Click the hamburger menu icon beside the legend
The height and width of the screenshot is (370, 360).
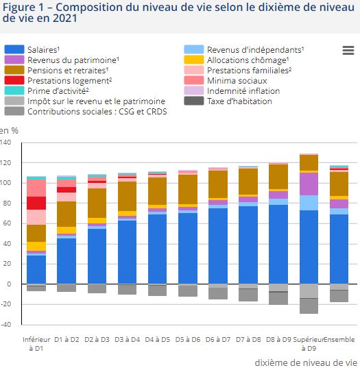(x=348, y=50)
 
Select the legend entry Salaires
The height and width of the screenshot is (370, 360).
(x=45, y=50)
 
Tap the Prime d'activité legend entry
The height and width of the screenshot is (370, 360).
(x=58, y=91)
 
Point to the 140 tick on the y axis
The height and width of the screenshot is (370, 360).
(x=6, y=143)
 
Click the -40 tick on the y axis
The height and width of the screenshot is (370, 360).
(x=6, y=324)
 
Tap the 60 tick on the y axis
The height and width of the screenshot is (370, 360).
(x=8, y=223)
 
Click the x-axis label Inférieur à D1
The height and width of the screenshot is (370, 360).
(x=36, y=343)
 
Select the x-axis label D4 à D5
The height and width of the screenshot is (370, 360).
(x=157, y=339)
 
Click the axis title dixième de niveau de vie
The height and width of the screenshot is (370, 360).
(x=306, y=362)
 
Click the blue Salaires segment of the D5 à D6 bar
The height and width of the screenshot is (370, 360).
(x=187, y=247)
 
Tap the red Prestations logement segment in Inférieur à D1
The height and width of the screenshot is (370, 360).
(x=36, y=203)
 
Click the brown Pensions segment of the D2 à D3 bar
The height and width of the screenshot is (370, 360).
(x=97, y=203)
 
